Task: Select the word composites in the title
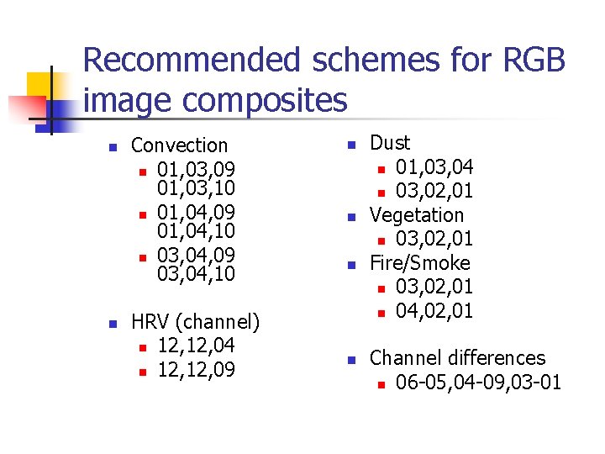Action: click(266, 100)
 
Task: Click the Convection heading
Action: click(180, 145)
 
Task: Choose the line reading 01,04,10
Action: click(196, 230)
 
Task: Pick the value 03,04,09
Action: click(196, 253)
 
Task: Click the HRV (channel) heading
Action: click(196, 322)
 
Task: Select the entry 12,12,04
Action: click(196, 346)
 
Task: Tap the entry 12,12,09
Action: click(196, 369)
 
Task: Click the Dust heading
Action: click(391, 143)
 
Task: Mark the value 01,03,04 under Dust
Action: click(434, 166)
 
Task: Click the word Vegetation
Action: click(417, 215)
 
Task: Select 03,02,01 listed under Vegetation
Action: click(434, 239)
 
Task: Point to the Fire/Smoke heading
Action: click(420, 263)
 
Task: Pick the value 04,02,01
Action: click(434, 310)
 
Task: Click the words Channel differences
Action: click(457, 358)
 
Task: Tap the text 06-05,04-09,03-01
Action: click(478, 383)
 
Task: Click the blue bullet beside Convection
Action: click(112, 148)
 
